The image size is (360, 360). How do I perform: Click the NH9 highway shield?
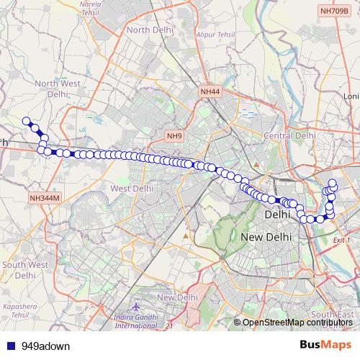tap(174, 135)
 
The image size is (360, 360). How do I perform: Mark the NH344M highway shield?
tap(45, 197)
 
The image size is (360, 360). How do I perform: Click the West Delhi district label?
tap(132, 189)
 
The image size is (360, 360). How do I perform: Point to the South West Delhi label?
tap(25, 270)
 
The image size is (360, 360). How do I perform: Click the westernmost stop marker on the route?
tap(26, 121)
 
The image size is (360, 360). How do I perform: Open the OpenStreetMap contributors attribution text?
tap(298, 323)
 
